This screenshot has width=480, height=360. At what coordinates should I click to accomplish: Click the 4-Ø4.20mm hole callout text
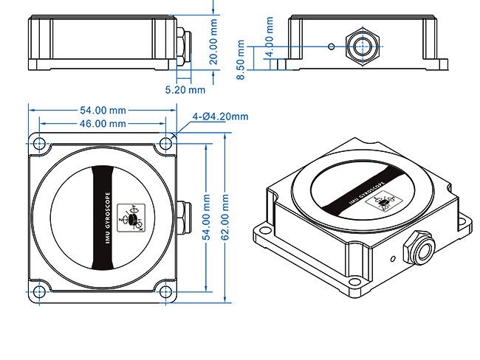pyautogui.click(x=220, y=117)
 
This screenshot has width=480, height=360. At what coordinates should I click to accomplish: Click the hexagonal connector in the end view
pyautogui.click(x=362, y=45)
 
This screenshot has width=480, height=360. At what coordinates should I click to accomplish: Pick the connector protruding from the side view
pyautogui.click(x=182, y=44)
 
